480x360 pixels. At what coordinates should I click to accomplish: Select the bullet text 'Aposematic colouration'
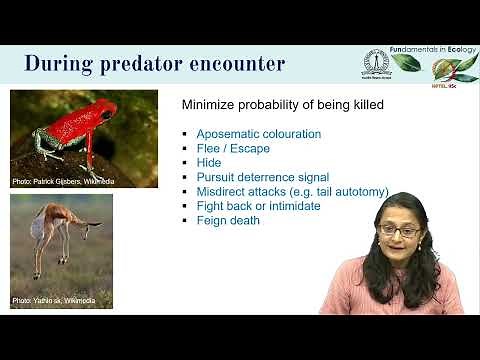click(258, 134)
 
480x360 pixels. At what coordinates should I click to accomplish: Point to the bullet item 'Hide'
click(208, 163)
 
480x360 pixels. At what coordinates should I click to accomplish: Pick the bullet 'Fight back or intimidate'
click(258, 206)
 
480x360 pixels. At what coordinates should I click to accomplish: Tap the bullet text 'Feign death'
click(228, 220)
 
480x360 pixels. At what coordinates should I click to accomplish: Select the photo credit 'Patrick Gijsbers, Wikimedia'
click(64, 181)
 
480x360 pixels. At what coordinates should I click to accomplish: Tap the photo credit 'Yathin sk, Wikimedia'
click(53, 301)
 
